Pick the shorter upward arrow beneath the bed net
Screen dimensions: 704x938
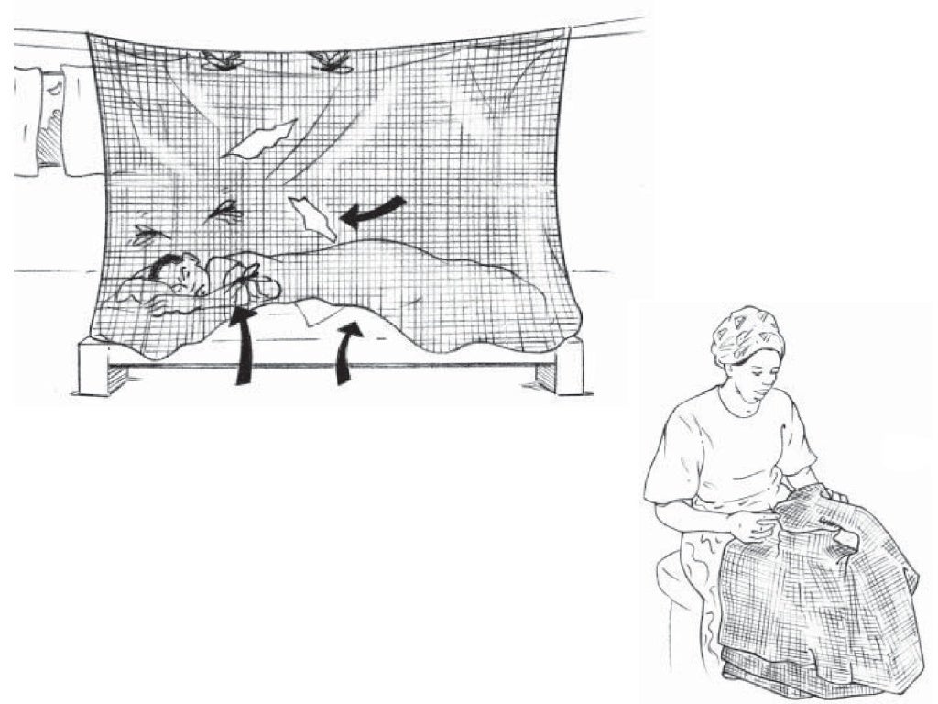click(x=346, y=353)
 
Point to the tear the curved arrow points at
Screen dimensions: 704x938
click(x=311, y=218)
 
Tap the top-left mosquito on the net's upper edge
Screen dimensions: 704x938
click(x=222, y=60)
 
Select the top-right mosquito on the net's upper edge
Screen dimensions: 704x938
click(x=332, y=61)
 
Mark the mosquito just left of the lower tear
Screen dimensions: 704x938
click(x=224, y=214)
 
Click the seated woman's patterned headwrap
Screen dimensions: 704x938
click(x=747, y=334)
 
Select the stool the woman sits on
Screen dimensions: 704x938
click(x=678, y=596)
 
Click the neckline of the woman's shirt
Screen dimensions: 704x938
click(x=747, y=403)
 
